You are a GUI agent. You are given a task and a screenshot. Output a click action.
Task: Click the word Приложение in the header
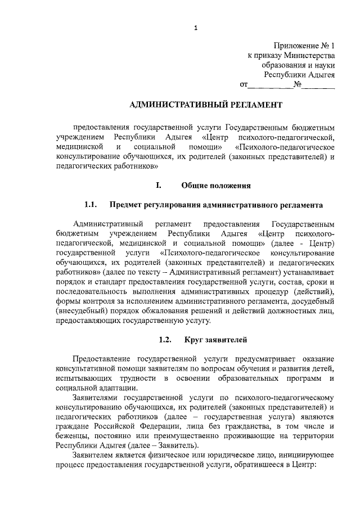293,46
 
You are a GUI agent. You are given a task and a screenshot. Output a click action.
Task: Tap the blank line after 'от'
270,86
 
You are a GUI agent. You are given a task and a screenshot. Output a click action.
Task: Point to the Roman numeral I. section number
159,185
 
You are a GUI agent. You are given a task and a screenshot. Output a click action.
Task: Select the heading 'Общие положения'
216,185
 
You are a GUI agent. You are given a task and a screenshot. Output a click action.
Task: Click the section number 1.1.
92,205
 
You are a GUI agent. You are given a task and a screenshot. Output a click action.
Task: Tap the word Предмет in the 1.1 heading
128,205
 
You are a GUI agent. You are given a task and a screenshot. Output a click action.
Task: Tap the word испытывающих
82,379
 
